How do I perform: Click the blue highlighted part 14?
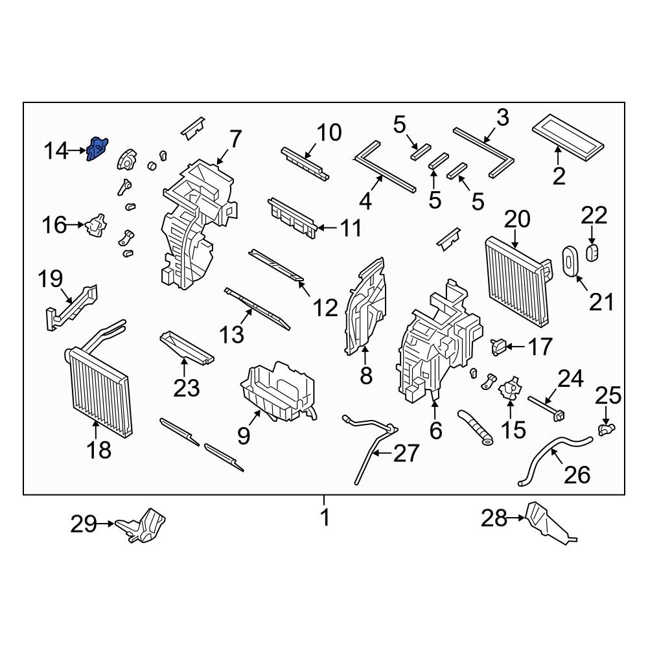(98, 150)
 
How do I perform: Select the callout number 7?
(235, 139)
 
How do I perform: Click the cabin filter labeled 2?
(569, 137)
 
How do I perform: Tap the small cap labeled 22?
(592, 252)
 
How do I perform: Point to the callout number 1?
(325, 518)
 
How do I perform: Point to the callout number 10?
(328, 133)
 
